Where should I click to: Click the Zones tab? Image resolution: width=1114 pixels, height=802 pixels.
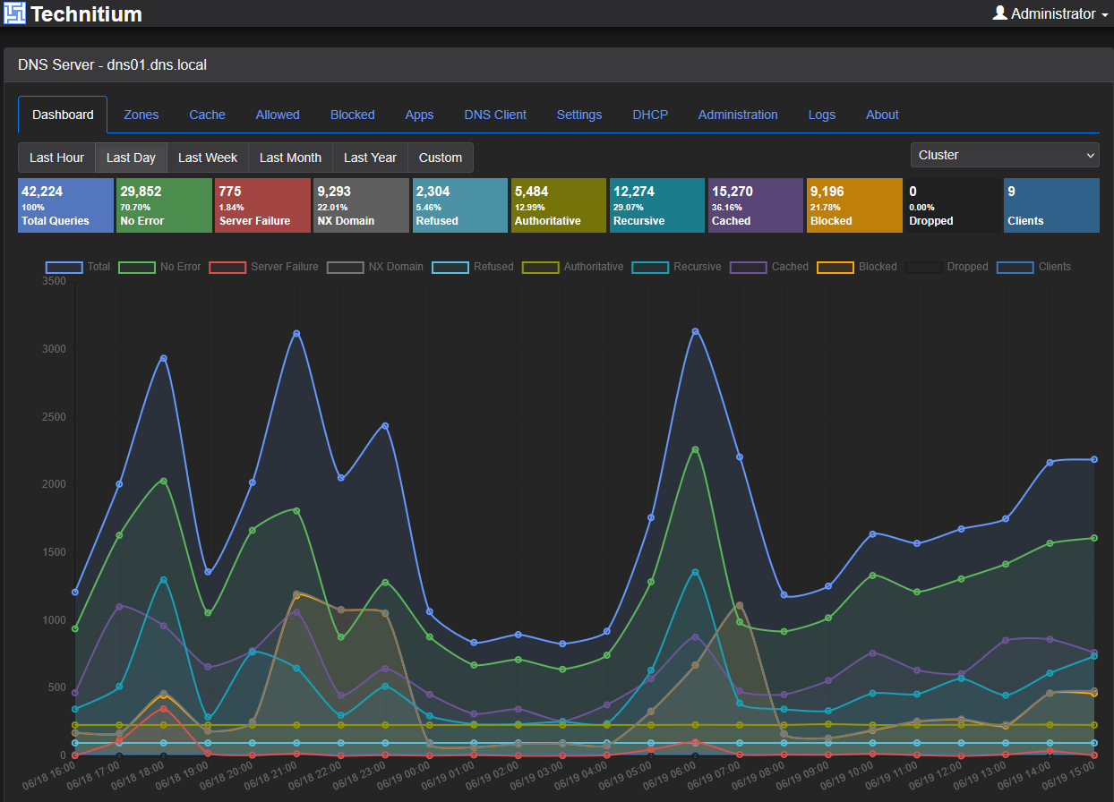pyautogui.click(x=141, y=115)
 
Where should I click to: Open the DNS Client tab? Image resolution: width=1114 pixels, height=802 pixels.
pyautogui.click(x=495, y=115)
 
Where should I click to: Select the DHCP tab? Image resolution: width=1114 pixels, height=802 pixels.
pyautogui.click(x=649, y=115)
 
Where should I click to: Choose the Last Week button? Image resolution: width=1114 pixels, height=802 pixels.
pyautogui.click(x=208, y=158)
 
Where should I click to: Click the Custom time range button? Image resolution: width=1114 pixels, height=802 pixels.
pyautogui.click(x=440, y=158)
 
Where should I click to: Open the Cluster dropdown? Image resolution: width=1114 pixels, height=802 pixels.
pyautogui.click(x=1005, y=155)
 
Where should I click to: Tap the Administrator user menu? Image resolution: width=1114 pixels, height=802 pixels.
pyautogui.click(x=1050, y=13)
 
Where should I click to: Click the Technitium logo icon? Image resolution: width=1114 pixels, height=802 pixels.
pyautogui.click(x=14, y=13)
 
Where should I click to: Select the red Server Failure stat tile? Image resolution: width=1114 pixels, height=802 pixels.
pyautogui.click(x=262, y=205)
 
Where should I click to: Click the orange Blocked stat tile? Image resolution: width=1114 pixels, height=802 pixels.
pyautogui.click(x=854, y=205)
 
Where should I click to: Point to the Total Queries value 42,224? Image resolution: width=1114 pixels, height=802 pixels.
pyautogui.click(x=42, y=192)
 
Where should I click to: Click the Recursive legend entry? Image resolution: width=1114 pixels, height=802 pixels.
pyautogui.click(x=676, y=267)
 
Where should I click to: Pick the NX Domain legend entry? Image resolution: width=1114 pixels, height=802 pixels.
pyautogui.click(x=375, y=267)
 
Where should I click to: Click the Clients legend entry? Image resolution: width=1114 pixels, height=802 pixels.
pyautogui.click(x=1034, y=267)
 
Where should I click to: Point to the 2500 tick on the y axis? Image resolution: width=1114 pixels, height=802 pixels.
pyautogui.click(x=54, y=416)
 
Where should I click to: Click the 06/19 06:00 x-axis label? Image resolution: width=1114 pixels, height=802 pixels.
pyautogui.click(x=670, y=776)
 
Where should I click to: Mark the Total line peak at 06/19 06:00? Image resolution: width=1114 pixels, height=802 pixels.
pyautogui.click(x=695, y=332)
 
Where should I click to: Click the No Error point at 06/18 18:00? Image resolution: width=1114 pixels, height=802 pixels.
pyautogui.click(x=164, y=482)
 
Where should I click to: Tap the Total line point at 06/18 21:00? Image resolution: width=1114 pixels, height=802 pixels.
pyautogui.click(x=296, y=334)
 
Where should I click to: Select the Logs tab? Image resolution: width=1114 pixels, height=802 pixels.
pyautogui.click(x=821, y=115)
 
